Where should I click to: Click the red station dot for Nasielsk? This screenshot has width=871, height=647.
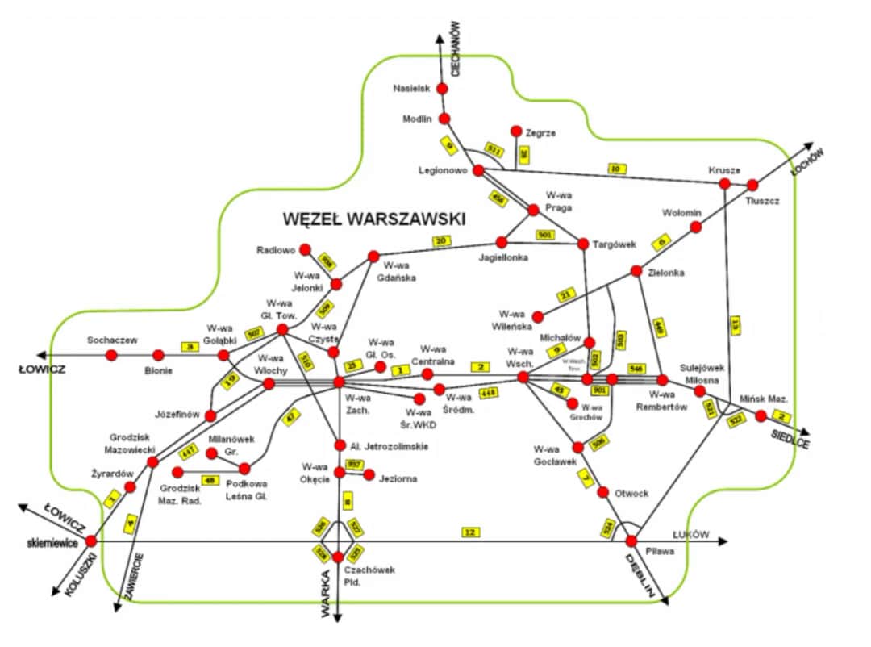[x=442, y=88]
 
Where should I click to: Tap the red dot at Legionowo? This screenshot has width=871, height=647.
[x=478, y=170]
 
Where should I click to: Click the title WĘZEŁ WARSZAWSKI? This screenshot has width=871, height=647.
[x=375, y=218]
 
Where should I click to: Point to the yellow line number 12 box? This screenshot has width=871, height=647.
[x=469, y=532]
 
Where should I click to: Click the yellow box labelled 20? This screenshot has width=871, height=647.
[x=441, y=240]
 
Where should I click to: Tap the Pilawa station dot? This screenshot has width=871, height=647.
[x=631, y=541]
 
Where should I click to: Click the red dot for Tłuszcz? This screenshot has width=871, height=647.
[x=752, y=185]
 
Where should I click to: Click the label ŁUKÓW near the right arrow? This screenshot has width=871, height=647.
[x=690, y=534]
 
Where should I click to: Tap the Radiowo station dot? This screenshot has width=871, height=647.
[x=305, y=249]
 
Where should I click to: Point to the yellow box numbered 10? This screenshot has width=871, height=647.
[x=616, y=169]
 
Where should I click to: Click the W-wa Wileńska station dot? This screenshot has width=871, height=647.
[x=538, y=316]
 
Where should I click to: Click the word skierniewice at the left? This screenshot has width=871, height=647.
[x=52, y=543]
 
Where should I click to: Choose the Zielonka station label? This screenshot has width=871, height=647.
[x=666, y=273]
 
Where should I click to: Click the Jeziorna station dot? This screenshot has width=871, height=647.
[x=369, y=475]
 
